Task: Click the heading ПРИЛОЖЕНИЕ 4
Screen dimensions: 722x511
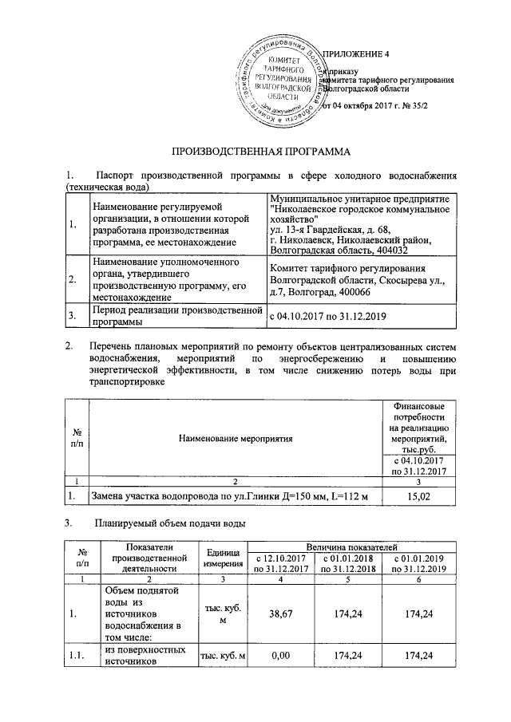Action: [358, 55]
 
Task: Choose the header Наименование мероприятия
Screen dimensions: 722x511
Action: [236, 438]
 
